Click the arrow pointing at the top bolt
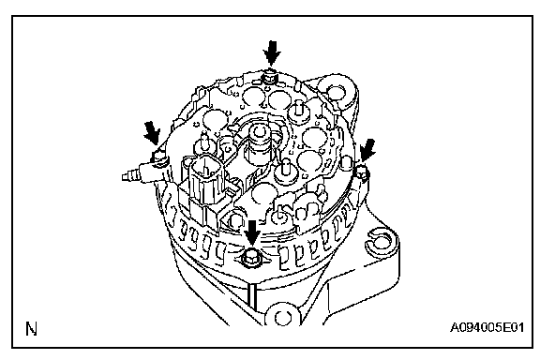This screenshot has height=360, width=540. pyautogui.click(x=272, y=52)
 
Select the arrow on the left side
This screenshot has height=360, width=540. pyautogui.click(x=153, y=133)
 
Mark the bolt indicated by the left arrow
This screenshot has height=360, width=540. pyautogui.click(x=158, y=157)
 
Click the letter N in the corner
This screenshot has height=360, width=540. pyautogui.click(x=31, y=329)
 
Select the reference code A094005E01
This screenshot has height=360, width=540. pyautogui.click(x=487, y=327)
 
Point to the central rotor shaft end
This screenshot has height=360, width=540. pyautogui.click(x=260, y=132)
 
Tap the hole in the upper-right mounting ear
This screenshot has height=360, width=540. pyautogui.click(x=336, y=92)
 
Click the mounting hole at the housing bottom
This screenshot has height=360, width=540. pyautogui.click(x=281, y=317)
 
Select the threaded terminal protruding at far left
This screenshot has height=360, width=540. pyautogui.click(x=134, y=175)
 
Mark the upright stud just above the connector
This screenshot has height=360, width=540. pyautogui.click(x=204, y=143)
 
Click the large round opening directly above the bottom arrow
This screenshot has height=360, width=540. pyautogui.click(x=263, y=195)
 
